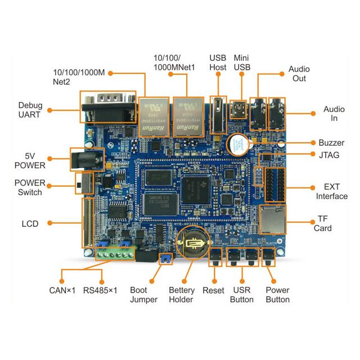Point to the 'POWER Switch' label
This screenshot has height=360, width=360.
pyautogui.click(x=28, y=188)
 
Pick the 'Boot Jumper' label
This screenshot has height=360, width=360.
pyautogui.click(x=144, y=295)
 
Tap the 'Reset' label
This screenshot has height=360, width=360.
pyautogui.click(x=213, y=290)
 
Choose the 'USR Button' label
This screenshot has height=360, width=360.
pyautogui.click(x=242, y=295)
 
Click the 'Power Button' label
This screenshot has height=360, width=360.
pyautogui.click(x=277, y=295)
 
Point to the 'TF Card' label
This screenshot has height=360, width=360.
pyautogui.click(x=323, y=223)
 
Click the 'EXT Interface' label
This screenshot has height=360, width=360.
pyautogui.click(x=331, y=191)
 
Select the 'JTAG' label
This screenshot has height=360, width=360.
pyautogui.click(x=328, y=155)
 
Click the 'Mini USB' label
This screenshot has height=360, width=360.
pyautogui.click(x=241, y=62)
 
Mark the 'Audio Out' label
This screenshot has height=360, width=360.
pyautogui.click(x=299, y=74)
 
